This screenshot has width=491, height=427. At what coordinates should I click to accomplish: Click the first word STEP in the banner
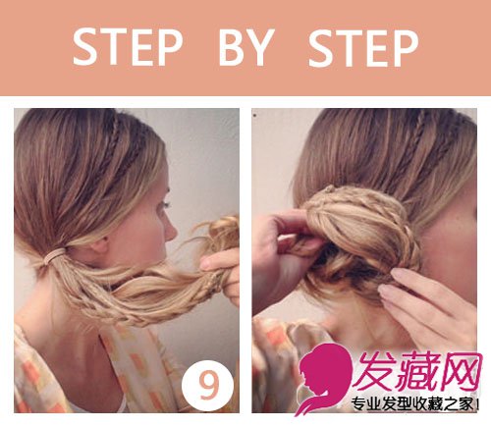coord(127,47)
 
